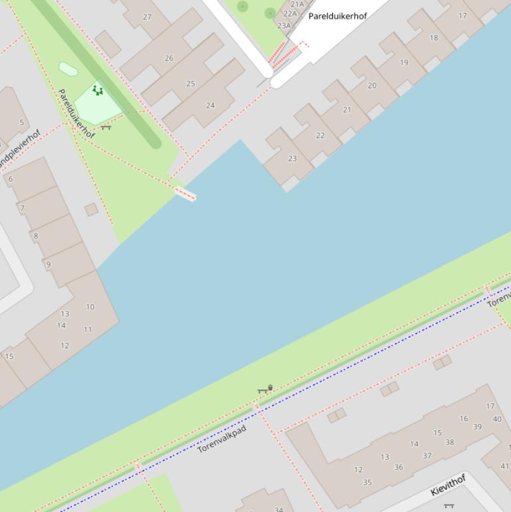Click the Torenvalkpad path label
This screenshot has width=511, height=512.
[x=222, y=440]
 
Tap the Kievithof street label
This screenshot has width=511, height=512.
[x=448, y=485]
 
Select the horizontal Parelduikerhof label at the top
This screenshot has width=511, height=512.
[x=337, y=15]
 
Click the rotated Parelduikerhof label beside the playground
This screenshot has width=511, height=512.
[x=76, y=114]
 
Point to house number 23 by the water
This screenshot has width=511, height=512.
[x=292, y=158]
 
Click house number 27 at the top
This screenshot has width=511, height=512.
[x=147, y=17]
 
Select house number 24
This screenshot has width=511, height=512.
[x=210, y=105]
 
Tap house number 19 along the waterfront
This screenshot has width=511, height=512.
[x=404, y=63]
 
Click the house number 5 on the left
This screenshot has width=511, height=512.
[x=22, y=122]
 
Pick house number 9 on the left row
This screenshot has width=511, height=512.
[x=49, y=265]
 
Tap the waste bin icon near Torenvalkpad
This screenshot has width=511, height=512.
[x=270, y=387]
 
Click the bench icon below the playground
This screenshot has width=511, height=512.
[x=106, y=126]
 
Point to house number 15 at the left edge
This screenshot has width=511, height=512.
[x=9, y=356]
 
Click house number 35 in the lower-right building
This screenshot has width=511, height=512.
[x=367, y=483]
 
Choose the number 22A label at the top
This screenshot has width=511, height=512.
[x=290, y=14]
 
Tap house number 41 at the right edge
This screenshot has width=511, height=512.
[x=504, y=466]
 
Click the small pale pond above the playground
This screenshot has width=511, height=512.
[x=68, y=68]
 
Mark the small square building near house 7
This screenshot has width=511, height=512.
[x=91, y=209]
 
